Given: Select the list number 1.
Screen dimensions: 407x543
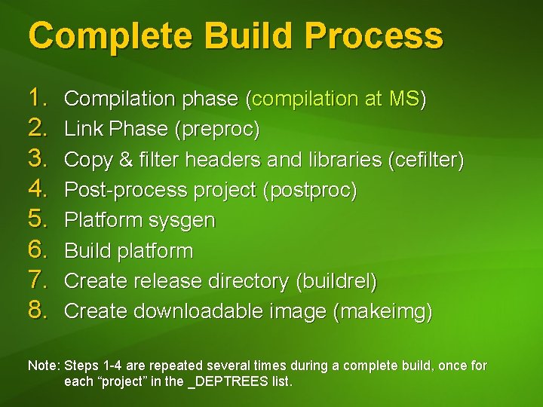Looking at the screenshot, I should pyautogui.click(x=38, y=98).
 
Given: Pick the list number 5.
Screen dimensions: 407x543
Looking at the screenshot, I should pyautogui.click(x=38, y=220).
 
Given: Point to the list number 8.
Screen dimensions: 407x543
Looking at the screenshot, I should pyautogui.click(x=38, y=311).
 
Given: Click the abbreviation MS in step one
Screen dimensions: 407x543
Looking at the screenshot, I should pyautogui.click(x=406, y=99).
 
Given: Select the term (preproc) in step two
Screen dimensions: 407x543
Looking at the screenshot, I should pyautogui.click(x=216, y=130).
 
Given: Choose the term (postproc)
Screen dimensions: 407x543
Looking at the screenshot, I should pyautogui.click(x=309, y=191).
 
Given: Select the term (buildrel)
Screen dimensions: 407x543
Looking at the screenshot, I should pyautogui.click(x=336, y=281).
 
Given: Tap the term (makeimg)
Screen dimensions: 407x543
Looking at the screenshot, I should pyautogui.click(x=382, y=311).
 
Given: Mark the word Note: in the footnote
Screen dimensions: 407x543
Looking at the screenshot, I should pyautogui.click(x=44, y=366).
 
